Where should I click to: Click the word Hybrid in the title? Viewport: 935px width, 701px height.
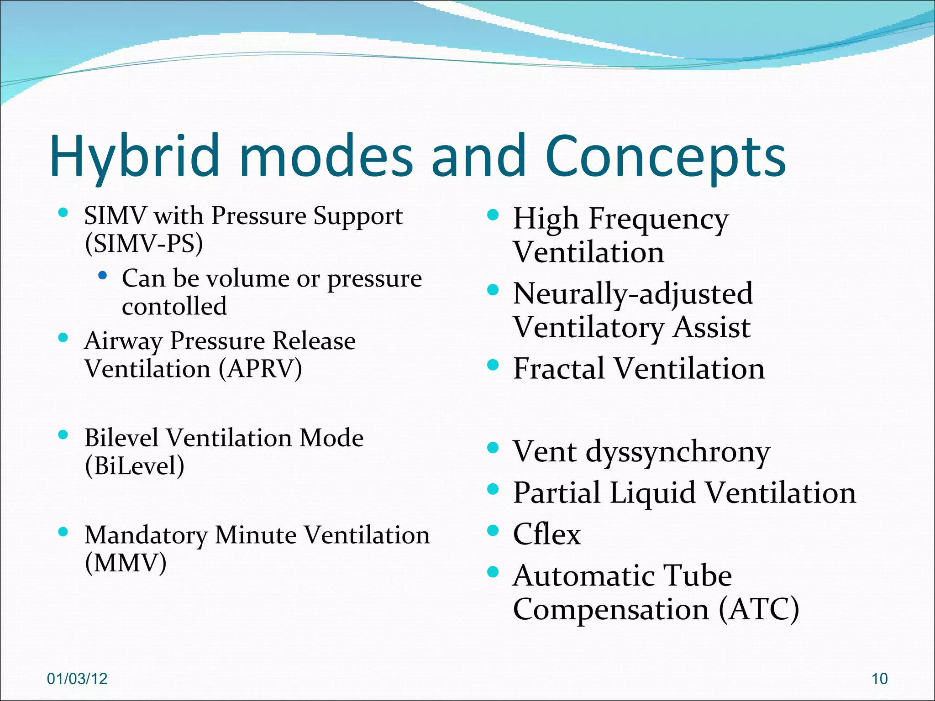(x=134, y=156)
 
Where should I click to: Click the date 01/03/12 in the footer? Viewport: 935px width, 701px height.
(x=77, y=679)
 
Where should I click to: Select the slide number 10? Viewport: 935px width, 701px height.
(x=879, y=679)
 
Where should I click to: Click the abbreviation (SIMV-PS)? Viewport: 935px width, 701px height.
(x=144, y=243)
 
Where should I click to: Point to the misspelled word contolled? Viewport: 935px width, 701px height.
(x=174, y=306)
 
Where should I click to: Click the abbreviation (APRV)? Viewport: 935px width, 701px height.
(x=260, y=369)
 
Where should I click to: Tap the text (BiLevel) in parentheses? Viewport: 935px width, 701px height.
(x=135, y=466)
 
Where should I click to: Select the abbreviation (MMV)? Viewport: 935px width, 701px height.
(x=126, y=563)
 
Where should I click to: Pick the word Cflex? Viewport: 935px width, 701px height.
(x=546, y=534)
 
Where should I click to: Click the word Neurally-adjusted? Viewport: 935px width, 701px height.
(x=633, y=293)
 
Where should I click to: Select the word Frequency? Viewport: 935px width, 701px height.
(x=658, y=219)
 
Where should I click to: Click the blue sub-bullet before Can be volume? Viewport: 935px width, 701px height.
(x=103, y=276)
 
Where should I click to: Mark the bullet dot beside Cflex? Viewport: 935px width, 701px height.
(x=493, y=530)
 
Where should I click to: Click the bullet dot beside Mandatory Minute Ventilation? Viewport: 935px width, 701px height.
(x=63, y=532)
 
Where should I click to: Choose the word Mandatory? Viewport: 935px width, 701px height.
(x=146, y=535)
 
